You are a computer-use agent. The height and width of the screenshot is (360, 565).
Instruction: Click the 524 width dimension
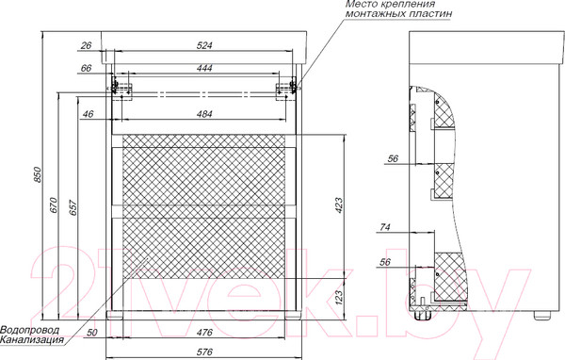204,45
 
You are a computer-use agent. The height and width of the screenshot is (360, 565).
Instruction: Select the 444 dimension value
204,68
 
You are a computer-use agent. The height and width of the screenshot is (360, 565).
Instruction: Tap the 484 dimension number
204,114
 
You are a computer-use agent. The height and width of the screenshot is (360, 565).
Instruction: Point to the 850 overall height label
39,174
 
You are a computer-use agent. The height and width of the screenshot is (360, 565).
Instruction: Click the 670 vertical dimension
54,205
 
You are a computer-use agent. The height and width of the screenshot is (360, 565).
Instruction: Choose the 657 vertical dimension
73,207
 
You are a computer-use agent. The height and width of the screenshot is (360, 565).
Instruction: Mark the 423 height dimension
339,205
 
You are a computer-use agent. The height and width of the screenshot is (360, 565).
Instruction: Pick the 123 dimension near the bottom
339,297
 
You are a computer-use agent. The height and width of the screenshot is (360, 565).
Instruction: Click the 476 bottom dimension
204,332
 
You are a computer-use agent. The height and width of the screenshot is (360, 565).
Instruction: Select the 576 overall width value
204,352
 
